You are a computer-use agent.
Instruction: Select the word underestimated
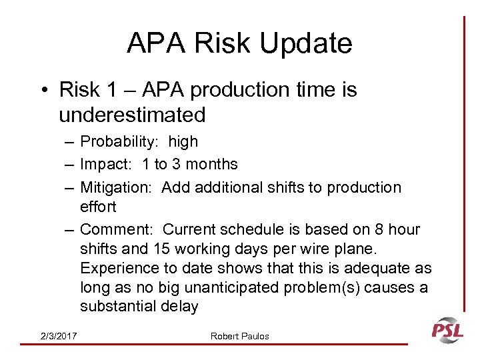point(132,115)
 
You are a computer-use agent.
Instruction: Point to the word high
point(183,141)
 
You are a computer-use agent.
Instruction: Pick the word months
point(213,164)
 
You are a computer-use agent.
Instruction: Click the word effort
point(98,207)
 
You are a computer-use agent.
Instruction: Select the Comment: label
point(117,230)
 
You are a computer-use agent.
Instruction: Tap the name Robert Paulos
point(240,336)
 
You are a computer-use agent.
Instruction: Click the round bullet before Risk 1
point(45,90)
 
